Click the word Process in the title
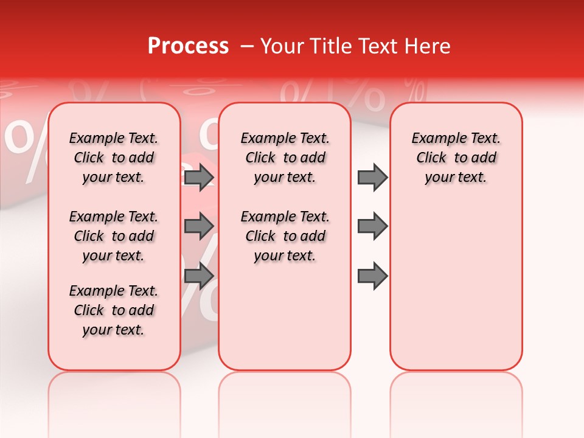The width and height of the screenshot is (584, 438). tap(188, 46)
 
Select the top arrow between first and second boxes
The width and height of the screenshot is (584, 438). tap(199, 177)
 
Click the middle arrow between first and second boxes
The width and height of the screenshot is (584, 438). tap(199, 226)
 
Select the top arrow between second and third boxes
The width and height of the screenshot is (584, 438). tap(372, 177)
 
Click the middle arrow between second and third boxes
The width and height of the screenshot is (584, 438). tap(372, 226)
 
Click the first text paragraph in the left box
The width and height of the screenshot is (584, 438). tap(114, 158)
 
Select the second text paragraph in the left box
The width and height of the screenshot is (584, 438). tap(114, 236)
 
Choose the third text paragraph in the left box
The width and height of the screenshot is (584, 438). tap(114, 310)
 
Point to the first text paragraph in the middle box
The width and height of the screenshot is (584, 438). tap(285, 158)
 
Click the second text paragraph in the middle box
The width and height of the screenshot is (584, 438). tap(285, 236)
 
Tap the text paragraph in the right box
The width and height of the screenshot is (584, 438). tap(456, 158)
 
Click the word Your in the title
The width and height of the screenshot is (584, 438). tap(283, 46)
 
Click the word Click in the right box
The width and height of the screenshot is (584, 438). tap(431, 158)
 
